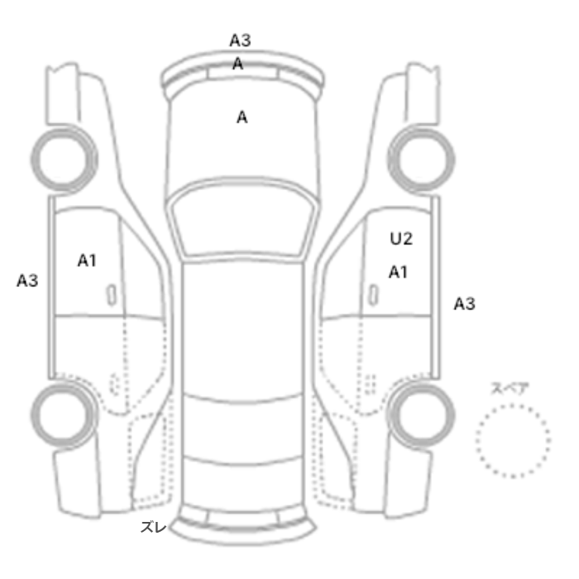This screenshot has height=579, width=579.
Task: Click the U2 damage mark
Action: pos(401,238)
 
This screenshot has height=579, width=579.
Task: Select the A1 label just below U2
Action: pos(398,272)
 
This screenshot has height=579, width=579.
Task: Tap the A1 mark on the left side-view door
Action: pos(87,261)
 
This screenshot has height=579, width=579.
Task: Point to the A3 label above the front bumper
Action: pos(240,40)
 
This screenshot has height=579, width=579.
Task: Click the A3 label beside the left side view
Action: pos(27,280)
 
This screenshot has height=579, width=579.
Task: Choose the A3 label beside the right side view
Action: pos(464,304)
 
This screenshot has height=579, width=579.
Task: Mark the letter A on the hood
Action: pos(242,117)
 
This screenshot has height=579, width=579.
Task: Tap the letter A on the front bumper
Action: pos(238,65)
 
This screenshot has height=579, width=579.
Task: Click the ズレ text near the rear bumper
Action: pos(153,527)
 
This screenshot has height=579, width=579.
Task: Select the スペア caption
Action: pos(505,388)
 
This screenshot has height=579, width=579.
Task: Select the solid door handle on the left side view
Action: pos(112,295)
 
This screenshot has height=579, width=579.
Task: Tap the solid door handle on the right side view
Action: pos(374,295)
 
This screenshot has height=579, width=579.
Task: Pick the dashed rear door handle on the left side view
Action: pos(115,384)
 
